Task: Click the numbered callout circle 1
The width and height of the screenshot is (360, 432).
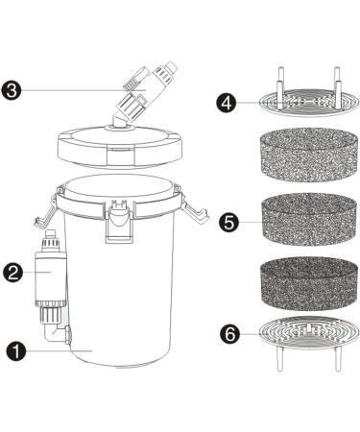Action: pyautogui.click(x=16, y=351)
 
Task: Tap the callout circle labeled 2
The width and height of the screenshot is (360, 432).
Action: pyautogui.click(x=13, y=273)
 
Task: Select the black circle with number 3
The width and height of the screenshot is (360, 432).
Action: pyautogui.click(x=12, y=90)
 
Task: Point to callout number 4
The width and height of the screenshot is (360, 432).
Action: pyautogui.click(x=227, y=103)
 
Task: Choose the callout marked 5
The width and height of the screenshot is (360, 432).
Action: pyautogui.click(x=229, y=222)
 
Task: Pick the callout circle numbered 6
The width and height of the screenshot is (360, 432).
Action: pyautogui.click(x=229, y=334)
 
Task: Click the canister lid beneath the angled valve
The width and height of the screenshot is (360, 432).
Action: pyautogui.click(x=120, y=147)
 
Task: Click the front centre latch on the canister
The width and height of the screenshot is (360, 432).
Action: pyautogui.click(x=120, y=222)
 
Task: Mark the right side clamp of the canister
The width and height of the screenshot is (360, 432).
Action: pyautogui.click(x=195, y=208)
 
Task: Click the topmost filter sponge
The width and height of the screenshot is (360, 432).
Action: pyautogui.click(x=308, y=156)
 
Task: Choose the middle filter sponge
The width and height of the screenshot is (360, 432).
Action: pyautogui.click(x=308, y=219)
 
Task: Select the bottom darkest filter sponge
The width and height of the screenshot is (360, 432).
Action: pyautogui.click(x=308, y=283)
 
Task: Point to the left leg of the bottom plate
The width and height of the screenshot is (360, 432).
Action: pyautogui.click(x=279, y=359)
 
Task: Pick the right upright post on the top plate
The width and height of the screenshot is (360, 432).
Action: pyautogui.click(x=336, y=86)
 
